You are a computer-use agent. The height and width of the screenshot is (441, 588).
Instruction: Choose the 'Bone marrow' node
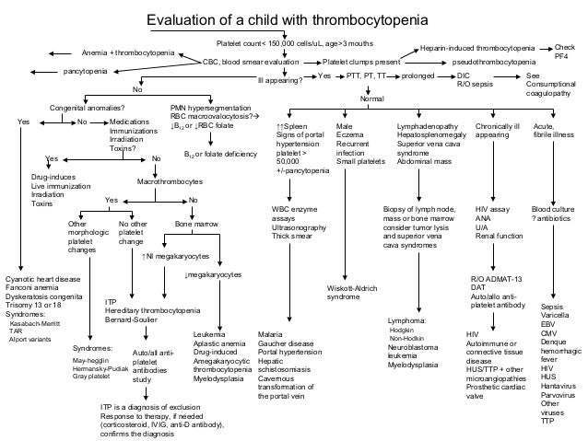click(x=196, y=224)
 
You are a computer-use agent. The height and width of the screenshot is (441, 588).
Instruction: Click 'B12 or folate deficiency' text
click(x=220, y=154)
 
